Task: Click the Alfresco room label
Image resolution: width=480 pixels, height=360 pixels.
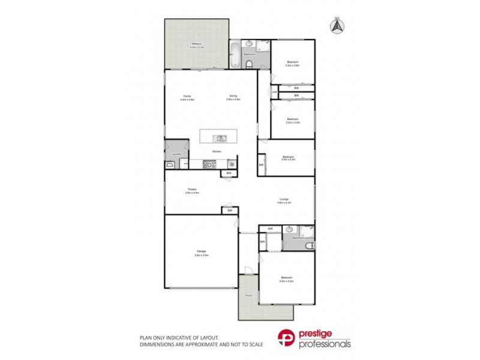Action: (x=196, y=44)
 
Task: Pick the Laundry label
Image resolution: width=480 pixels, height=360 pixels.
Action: (x=176, y=154)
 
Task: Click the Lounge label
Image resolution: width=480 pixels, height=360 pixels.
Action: (x=285, y=200)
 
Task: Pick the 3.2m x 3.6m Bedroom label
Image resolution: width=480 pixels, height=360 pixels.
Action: (x=293, y=63)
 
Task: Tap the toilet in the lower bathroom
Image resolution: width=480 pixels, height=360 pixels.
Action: (x=308, y=246)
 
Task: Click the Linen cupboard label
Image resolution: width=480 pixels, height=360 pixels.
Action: (x=275, y=92)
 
